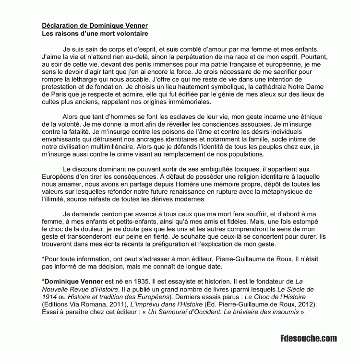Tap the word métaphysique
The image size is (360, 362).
287,192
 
